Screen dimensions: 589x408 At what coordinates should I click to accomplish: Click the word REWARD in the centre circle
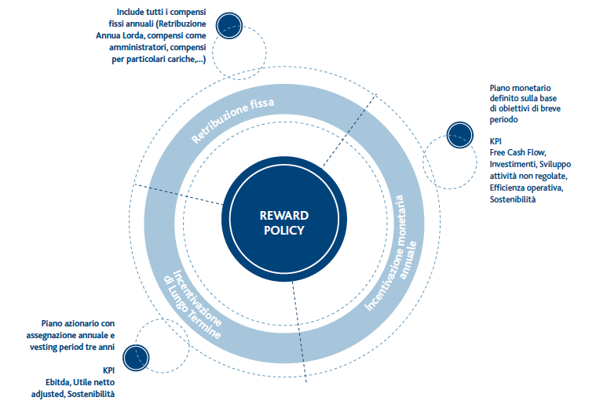pyautogui.click(x=284, y=216)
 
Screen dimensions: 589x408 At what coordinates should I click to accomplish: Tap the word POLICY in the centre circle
pyautogui.click(x=284, y=230)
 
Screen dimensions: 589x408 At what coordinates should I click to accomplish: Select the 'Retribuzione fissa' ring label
pyautogui.click(x=232, y=120)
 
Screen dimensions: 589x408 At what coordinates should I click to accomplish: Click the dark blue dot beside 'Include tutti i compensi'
pyautogui.click(x=229, y=26)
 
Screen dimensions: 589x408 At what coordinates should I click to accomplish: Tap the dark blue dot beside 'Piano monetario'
pyautogui.click(x=459, y=135)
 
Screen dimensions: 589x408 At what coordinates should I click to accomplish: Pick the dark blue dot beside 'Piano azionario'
pyautogui.click(x=136, y=358)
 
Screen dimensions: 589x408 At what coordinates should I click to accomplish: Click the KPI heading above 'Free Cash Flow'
pyautogui.click(x=496, y=141)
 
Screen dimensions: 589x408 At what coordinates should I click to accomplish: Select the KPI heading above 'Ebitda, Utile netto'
pyautogui.click(x=108, y=370)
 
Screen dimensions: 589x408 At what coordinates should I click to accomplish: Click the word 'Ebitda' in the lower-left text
pyautogui.click(x=58, y=382)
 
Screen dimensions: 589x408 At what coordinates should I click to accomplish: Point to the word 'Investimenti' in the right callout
pyautogui.click(x=512, y=164)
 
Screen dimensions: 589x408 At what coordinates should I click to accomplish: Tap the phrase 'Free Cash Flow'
pyautogui.click(x=518, y=152)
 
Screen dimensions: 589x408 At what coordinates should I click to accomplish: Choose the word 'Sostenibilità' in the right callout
pyautogui.click(x=512, y=199)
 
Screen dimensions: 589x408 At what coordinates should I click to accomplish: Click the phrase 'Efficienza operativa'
pyautogui.click(x=526, y=188)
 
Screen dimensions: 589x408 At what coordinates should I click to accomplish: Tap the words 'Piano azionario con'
pyautogui.click(x=78, y=323)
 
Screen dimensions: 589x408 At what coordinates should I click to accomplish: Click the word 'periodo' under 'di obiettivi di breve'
pyautogui.click(x=503, y=120)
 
